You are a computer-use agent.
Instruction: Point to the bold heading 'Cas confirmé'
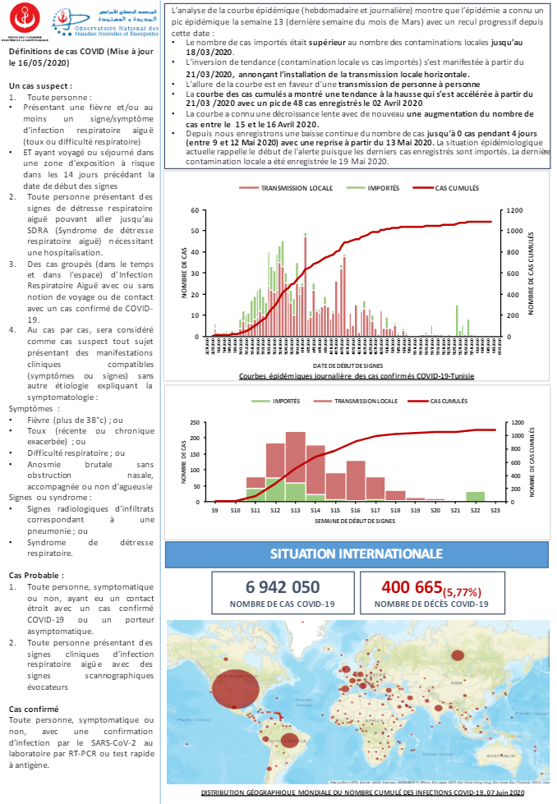pyautogui.click(x=34, y=708)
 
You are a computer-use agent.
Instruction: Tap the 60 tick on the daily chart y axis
pyautogui.click(x=196, y=210)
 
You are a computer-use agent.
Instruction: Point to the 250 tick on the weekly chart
pyautogui.click(x=194, y=423)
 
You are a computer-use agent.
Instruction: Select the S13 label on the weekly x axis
pyautogui.click(x=295, y=510)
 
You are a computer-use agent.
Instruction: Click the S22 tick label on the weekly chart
pyautogui.click(x=475, y=510)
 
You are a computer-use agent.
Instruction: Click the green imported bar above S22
pyautogui.click(x=475, y=496)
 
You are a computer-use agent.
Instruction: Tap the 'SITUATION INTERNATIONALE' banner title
pyautogui.click(x=356, y=554)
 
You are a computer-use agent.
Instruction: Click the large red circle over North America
pyautogui.click(x=237, y=688)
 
